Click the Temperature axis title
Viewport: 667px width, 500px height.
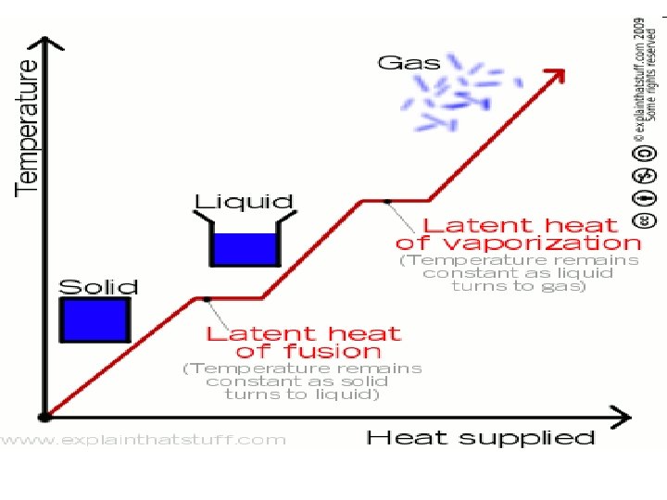point(28,127)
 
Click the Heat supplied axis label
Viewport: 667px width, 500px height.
point(481,437)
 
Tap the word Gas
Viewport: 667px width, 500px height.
point(409,63)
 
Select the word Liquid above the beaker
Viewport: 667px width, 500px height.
point(244,201)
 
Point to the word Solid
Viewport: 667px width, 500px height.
point(98,287)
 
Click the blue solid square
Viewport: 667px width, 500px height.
point(94,320)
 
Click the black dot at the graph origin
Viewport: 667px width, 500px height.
point(44,418)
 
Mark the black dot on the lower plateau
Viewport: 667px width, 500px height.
point(207,298)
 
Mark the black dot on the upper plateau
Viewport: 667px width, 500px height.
point(387,200)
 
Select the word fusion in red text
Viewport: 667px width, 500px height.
point(308,352)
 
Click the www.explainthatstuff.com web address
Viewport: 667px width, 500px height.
point(144,439)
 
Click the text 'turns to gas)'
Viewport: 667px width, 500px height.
point(519,286)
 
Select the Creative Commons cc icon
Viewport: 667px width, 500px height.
point(647,220)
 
